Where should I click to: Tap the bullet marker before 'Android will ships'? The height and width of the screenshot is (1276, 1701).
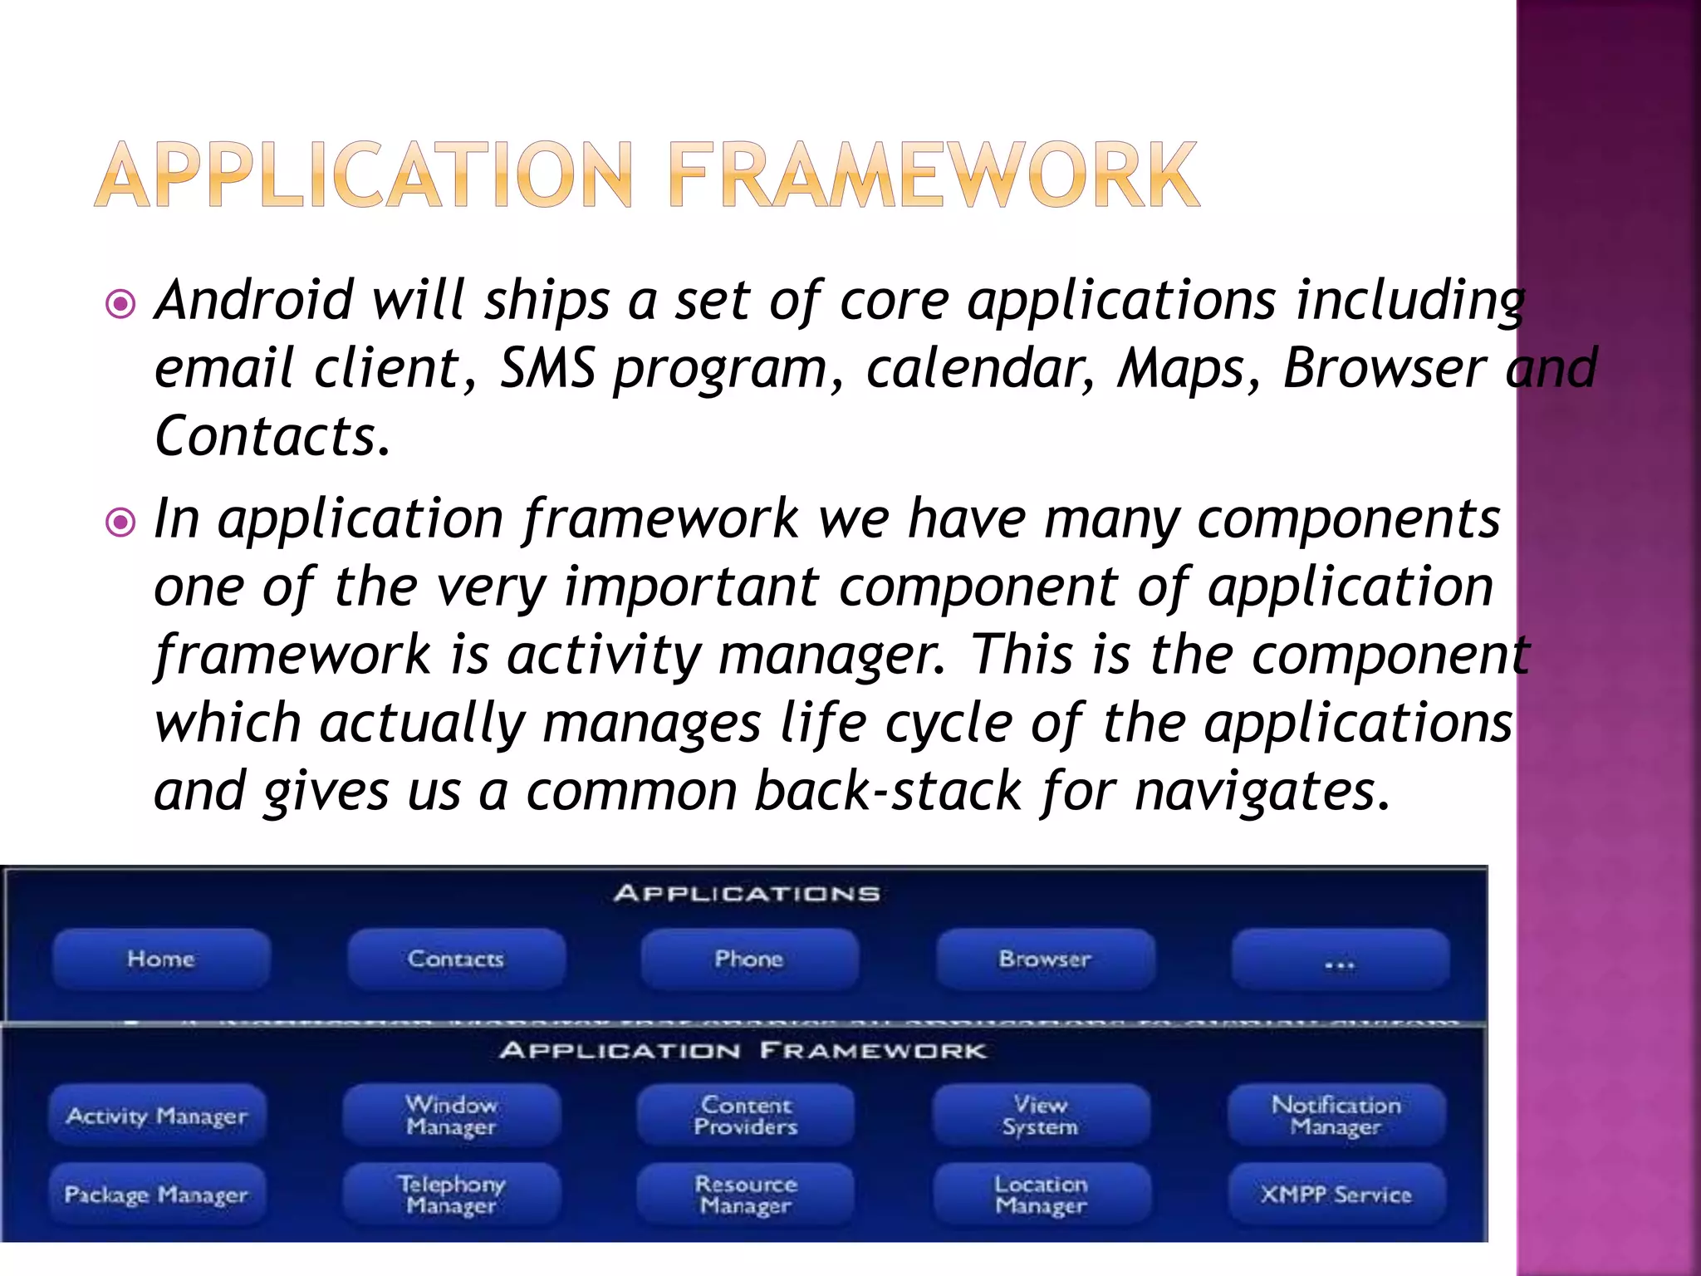pos(121,304)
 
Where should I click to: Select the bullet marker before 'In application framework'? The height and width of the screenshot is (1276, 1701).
pos(121,523)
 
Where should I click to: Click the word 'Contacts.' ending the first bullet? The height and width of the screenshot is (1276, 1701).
pos(272,437)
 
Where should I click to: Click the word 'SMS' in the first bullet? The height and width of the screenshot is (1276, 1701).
pos(547,369)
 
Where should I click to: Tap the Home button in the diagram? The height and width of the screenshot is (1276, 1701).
pos(161,959)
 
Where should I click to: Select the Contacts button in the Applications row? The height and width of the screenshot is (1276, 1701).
pos(456,959)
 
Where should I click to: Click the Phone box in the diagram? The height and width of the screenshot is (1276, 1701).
pos(749,959)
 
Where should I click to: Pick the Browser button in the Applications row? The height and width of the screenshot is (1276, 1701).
pos(1045,959)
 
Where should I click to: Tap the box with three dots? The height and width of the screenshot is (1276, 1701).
pos(1340,961)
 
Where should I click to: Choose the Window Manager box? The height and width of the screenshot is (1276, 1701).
pos(452,1116)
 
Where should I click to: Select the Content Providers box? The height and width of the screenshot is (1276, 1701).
pos(746,1116)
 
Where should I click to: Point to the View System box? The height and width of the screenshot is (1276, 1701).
pos(1041,1116)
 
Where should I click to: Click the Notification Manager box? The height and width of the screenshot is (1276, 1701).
pos(1336,1116)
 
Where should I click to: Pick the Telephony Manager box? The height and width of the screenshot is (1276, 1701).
pos(452,1195)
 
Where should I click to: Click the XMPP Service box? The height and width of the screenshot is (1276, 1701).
pos(1336,1195)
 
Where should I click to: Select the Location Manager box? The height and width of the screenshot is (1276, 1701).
pos(1042,1195)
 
